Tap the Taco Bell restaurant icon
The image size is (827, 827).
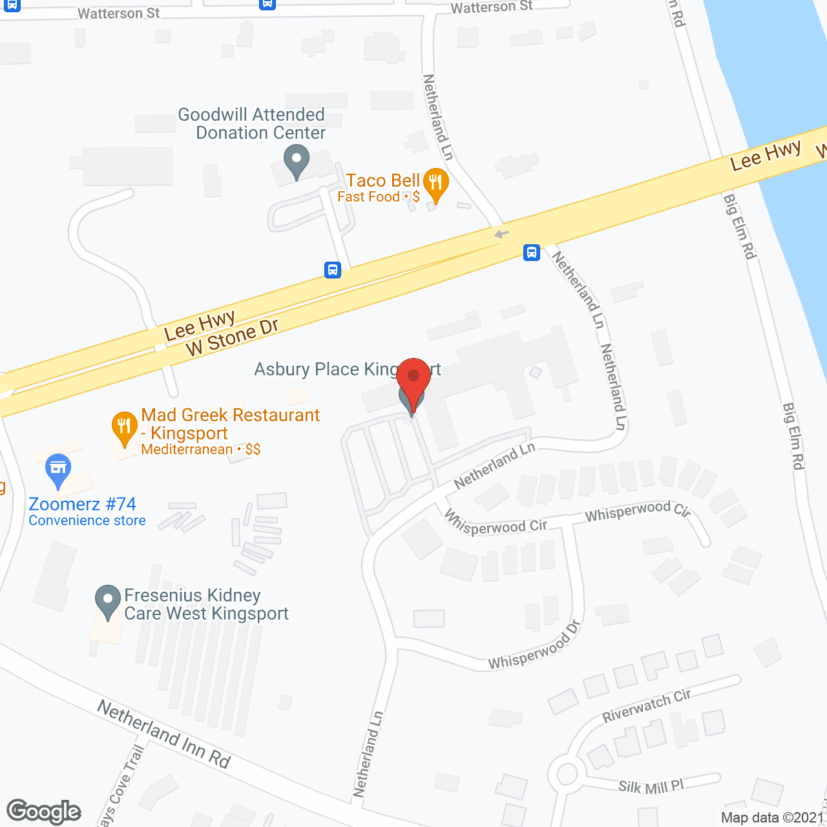(x=436, y=183)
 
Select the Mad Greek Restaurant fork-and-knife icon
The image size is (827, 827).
(x=123, y=428)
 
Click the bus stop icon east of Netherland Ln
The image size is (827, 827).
(x=532, y=252)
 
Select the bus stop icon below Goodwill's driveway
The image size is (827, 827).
(x=333, y=269)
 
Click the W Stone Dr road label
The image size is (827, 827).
(x=232, y=337)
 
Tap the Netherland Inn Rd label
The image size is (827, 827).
(x=164, y=734)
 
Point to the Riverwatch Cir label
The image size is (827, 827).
(x=647, y=706)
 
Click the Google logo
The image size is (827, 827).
(x=44, y=811)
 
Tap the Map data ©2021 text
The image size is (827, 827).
(x=772, y=818)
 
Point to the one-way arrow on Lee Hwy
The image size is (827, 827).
(x=501, y=234)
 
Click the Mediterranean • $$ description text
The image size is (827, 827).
(x=201, y=450)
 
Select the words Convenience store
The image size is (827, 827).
(x=87, y=521)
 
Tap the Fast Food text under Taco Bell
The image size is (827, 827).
(x=369, y=197)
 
